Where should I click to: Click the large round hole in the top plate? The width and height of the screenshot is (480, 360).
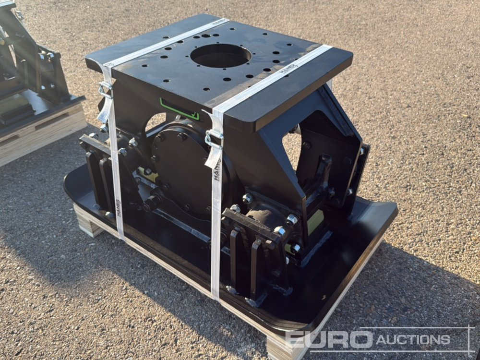coord(221,56)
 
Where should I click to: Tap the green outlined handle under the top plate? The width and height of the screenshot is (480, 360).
coord(179,110)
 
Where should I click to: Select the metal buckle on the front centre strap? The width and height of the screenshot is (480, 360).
coord(214,139)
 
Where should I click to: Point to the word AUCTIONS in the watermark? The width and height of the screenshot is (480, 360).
coord(413,340)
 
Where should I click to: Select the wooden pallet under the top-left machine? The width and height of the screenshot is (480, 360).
coord(38,132)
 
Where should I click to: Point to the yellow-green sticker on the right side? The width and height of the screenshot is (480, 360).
coord(314,221)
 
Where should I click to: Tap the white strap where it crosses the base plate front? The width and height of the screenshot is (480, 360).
coord(216,269)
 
